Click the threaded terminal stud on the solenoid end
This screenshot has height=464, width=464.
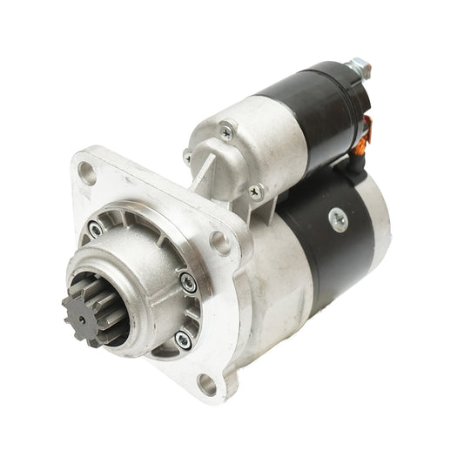[x=358, y=66]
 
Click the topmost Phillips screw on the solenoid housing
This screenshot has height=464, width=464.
[x=226, y=132]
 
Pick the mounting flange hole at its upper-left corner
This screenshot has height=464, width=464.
[x=87, y=172]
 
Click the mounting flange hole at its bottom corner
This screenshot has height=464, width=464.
[x=206, y=383]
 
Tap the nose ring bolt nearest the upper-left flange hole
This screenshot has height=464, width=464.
[x=95, y=230]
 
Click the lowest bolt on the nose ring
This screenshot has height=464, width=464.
[x=182, y=338]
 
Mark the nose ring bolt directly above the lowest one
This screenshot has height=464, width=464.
[x=187, y=281]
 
